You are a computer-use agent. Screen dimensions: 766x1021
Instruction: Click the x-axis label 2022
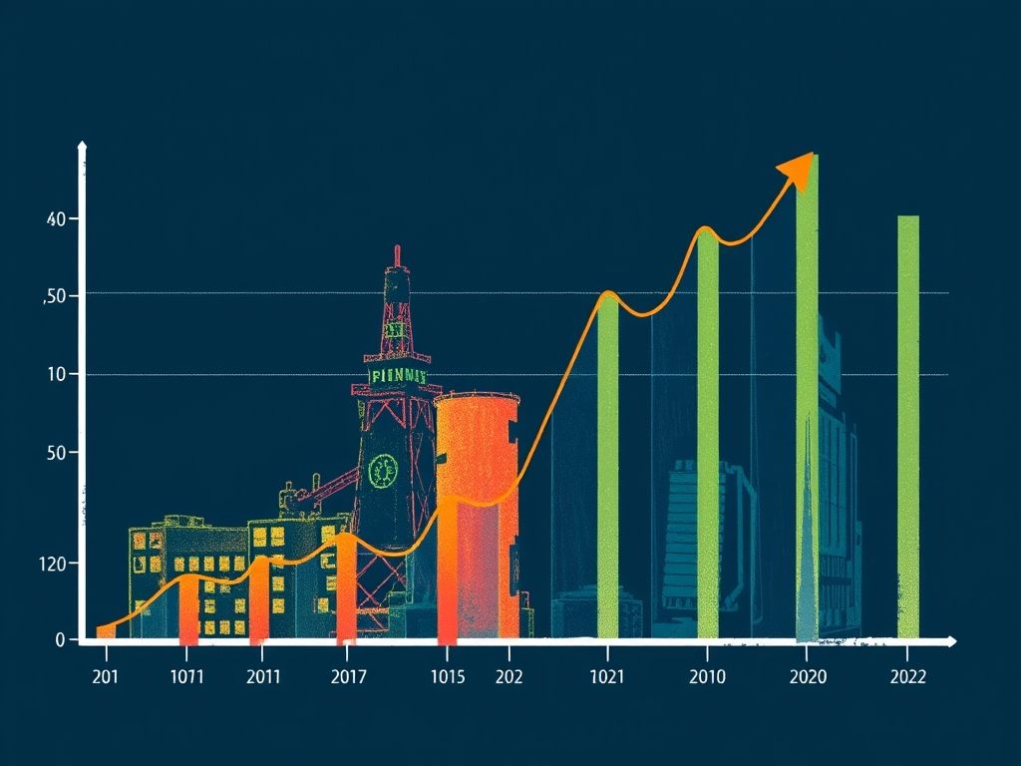point(906,677)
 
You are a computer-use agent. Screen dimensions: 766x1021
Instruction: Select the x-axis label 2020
point(807,677)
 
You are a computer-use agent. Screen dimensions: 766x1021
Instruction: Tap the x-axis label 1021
point(606,677)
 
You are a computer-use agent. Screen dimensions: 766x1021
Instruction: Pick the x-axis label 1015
point(448,677)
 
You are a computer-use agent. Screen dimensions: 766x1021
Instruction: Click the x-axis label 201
point(105,677)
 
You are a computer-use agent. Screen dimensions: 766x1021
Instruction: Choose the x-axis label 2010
point(707,677)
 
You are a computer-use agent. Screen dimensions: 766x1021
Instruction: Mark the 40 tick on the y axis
point(56,218)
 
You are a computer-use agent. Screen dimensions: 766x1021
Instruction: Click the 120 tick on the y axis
point(52,564)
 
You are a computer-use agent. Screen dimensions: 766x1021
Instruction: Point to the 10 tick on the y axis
point(56,374)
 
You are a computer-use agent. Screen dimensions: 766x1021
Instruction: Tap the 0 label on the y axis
point(60,639)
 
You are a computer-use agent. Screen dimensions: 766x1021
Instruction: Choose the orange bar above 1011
point(188,608)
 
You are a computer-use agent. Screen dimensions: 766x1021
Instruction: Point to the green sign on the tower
point(398,376)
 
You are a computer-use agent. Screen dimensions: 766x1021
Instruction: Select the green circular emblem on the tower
point(382,470)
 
